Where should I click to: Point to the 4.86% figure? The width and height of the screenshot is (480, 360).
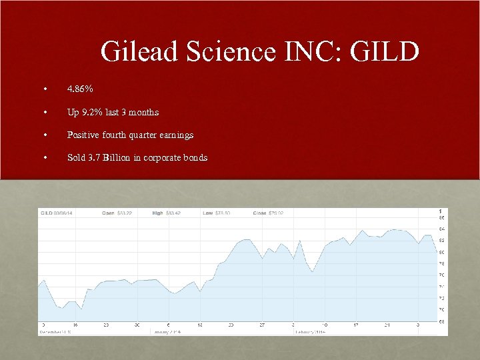[x=79, y=89]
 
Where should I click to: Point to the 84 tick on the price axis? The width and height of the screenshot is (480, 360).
[x=441, y=229]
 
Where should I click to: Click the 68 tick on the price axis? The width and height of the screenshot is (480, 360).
[x=441, y=322]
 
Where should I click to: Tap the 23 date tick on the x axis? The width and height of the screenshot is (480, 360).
[x=106, y=325]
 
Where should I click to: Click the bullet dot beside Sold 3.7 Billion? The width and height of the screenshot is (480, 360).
[x=44, y=158]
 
